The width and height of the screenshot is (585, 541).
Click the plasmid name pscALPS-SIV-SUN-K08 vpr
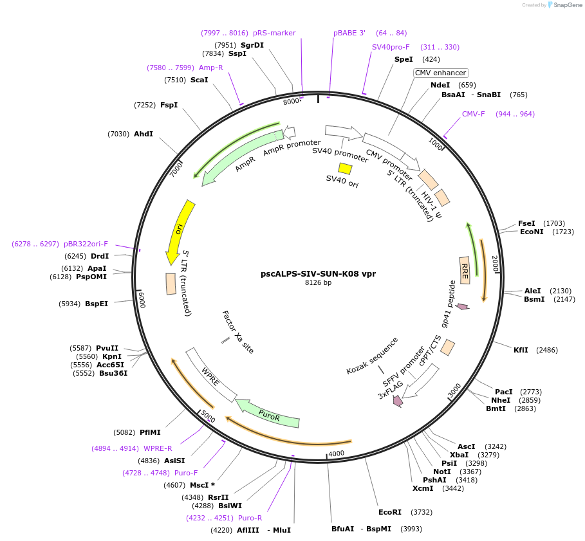point(318,273)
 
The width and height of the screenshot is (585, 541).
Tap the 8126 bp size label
point(318,283)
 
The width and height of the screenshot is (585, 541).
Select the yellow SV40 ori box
point(345,169)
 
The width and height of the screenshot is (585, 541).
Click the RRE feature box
point(465,270)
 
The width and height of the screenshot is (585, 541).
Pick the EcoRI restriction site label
point(390,512)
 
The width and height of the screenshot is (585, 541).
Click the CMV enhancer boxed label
point(440,73)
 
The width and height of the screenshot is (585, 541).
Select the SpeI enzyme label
point(404,59)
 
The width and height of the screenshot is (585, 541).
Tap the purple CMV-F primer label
point(473,114)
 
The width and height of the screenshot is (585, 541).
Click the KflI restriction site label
point(521,350)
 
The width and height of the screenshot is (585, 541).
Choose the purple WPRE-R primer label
point(158,448)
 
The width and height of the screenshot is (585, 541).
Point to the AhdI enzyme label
point(144,134)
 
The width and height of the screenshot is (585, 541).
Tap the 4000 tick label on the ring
point(337,454)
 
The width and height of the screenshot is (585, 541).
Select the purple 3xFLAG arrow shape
point(398,401)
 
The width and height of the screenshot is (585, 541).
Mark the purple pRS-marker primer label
point(274,33)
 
